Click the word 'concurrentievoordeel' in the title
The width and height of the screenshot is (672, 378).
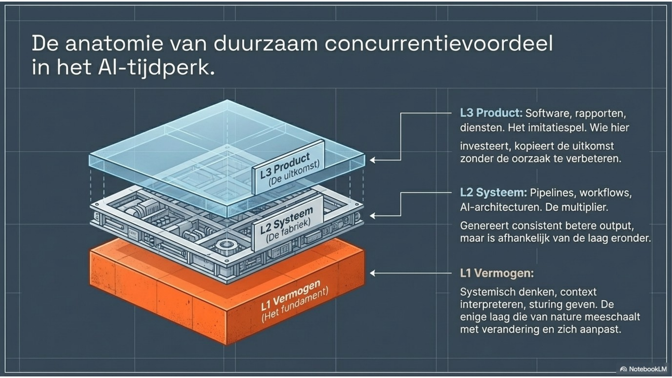tap(438, 44)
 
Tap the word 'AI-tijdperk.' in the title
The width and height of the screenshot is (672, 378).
tap(156, 68)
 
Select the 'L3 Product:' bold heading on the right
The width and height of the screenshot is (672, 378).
tap(491, 113)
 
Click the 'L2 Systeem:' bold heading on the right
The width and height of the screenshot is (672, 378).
tap(493, 193)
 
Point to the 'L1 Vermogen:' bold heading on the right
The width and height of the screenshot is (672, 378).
tap(497, 273)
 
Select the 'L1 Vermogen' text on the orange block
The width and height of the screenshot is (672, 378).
tap(291, 296)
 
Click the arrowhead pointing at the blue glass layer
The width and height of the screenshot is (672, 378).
tap(372, 160)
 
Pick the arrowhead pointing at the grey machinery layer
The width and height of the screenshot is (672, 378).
tap(372, 216)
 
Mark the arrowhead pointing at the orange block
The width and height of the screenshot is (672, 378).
tap(372, 273)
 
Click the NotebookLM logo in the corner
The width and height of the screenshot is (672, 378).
tap(643, 369)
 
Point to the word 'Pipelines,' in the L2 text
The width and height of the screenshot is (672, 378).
tap(553, 193)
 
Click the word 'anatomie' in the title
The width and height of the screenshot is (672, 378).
tap(114, 44)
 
